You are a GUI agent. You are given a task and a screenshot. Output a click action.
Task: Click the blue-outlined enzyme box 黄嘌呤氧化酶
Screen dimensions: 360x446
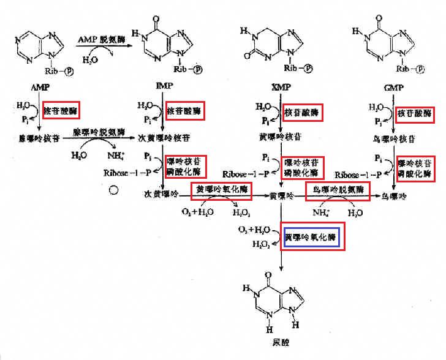(x=312, y=237)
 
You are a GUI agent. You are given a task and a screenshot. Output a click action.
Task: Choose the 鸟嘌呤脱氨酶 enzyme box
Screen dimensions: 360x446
(x=338, y=191)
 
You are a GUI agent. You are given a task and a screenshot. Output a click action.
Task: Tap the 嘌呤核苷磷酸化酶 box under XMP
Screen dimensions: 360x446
(x=303, y=167)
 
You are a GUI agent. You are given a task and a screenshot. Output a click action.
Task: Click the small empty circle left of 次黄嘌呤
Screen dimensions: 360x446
(x=113, y=190)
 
